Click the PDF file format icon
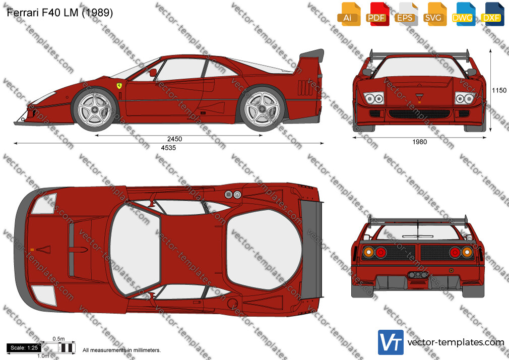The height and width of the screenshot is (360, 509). [377, 14]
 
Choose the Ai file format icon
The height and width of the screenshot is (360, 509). [349, 14]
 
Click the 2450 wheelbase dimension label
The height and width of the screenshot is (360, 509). [174, 139]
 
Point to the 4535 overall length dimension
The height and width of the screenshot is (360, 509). [168, 148]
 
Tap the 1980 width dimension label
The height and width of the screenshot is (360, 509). [419, 142]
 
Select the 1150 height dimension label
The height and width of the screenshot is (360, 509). [499, 90]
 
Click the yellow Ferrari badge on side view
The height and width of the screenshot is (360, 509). [119, 86]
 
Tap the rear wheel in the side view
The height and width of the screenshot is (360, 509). [262, 109]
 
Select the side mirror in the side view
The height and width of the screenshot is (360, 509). [153, 72]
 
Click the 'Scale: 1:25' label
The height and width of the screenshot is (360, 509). [24, 348]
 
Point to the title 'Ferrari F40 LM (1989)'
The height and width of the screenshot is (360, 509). [60, 12]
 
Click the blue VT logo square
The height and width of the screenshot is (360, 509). [391, 342]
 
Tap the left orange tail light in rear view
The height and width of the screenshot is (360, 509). [368, 252]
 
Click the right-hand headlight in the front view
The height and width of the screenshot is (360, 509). [465, 98]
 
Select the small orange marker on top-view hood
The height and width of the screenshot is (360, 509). [32, 250]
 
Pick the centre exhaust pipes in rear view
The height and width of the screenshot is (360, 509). [418, 275]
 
